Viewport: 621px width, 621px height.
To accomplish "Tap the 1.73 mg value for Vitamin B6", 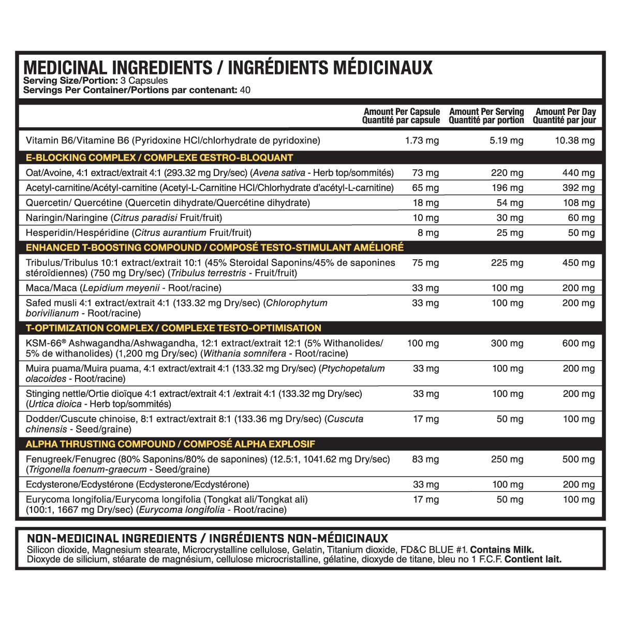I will pos(422,140).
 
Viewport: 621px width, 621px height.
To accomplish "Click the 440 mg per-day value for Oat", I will pos(579,173).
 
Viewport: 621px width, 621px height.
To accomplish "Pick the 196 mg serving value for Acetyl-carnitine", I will pos(507,188).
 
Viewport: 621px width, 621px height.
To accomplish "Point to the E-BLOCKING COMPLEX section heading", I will pos(159,158).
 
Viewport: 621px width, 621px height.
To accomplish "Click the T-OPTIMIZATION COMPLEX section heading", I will pos(173,328).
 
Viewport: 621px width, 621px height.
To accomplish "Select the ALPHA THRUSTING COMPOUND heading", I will pos(170,444).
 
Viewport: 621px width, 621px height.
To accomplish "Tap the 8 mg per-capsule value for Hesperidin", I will pos(428,233).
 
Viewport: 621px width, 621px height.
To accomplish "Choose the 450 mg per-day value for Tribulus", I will pos(579,263).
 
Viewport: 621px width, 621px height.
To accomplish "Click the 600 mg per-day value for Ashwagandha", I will pos(579,343).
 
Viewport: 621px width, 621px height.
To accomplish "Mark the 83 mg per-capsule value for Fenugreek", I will pos(425,459).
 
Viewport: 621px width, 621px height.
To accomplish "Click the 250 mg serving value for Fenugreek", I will pos(507,459).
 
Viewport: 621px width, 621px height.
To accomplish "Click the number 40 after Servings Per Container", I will pos(245,90).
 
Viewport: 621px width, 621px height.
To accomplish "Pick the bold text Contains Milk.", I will pos(501,550).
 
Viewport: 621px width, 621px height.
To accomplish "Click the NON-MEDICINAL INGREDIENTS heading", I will pos(112,539).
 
